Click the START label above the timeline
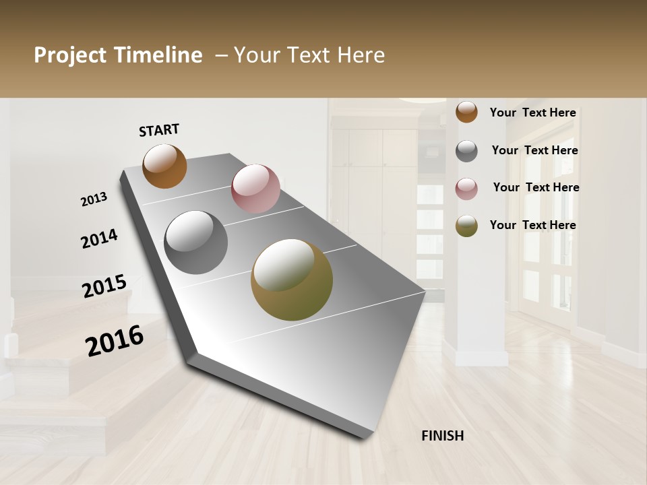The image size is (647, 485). [159, 130]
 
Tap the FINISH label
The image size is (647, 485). [443, 436]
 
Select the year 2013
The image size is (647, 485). [94, 199]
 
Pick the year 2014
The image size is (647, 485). [99, 239]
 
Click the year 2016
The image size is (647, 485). [115, 341]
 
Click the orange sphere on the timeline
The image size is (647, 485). [164, 166]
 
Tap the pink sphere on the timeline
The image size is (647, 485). [255, 189]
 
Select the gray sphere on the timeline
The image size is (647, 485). [196, 243]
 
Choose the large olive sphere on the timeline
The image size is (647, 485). [292, 280]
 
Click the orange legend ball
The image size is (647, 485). [466, 112]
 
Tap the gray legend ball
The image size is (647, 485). [466, 151]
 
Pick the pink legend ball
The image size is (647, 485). [466, 189]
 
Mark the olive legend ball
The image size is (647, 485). [466, 226]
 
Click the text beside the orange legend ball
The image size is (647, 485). [532, 113]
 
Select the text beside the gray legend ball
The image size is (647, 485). [534, 150]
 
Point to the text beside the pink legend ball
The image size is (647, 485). [536, 187]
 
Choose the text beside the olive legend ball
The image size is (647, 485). [532, 225]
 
